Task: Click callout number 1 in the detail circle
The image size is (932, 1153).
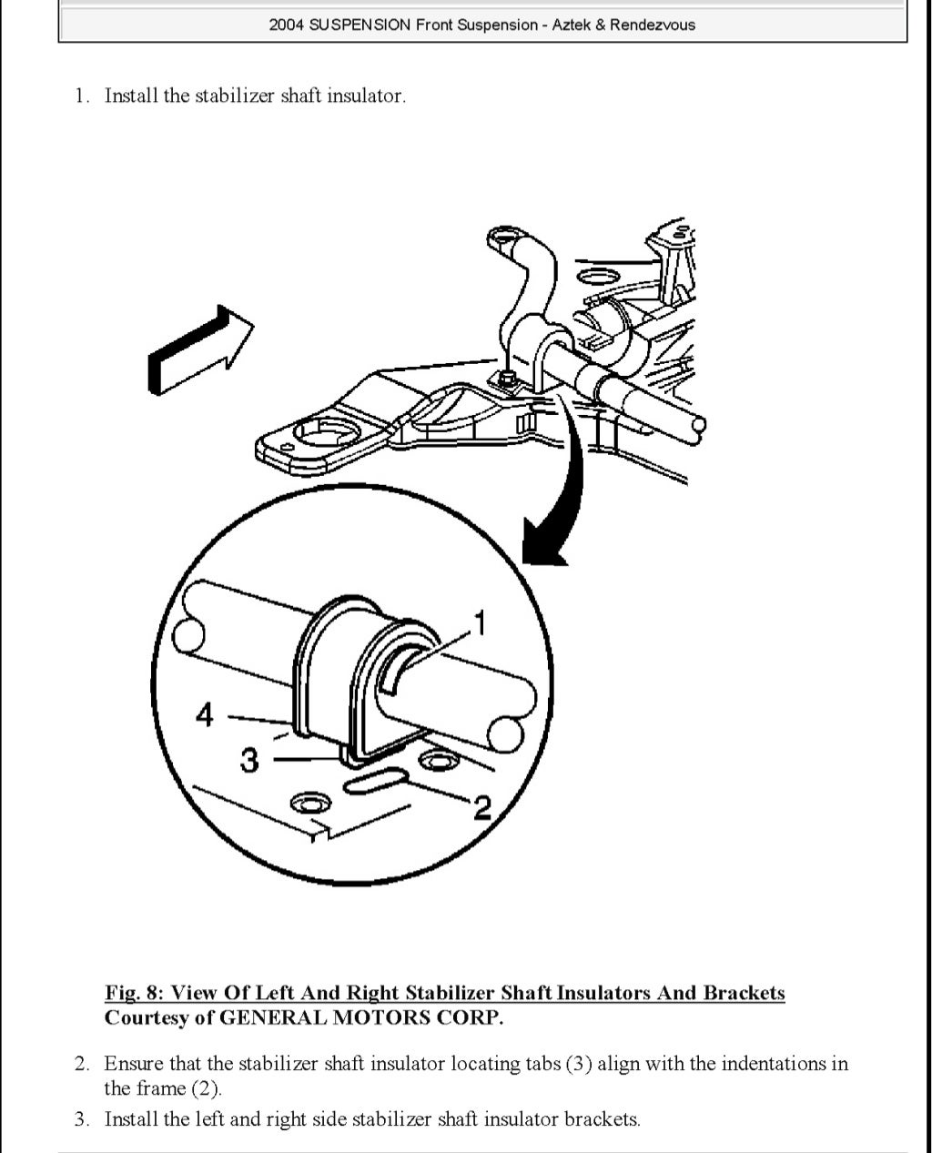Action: pos(480,623)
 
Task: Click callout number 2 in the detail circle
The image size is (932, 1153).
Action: pos(481,805)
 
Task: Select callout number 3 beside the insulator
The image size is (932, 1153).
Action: pos(249,759)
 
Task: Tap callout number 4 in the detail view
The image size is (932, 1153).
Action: pos(205,715)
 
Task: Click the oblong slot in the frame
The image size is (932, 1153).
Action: pos(373,781)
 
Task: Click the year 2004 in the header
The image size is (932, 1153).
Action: pos(286,25)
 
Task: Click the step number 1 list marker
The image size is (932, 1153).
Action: pos(83,96)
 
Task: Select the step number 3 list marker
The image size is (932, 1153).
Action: pos(83,1118)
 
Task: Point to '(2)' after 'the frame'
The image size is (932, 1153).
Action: pos(206,1088)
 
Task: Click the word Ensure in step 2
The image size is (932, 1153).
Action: pos(133,1063)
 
